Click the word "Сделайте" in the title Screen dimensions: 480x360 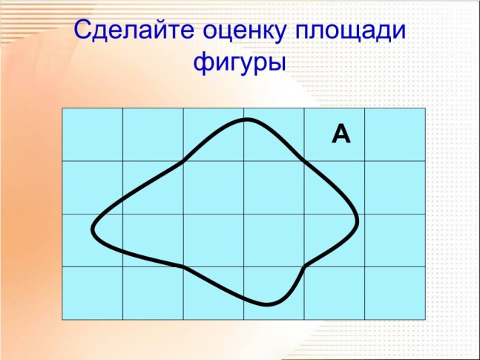click(134, 30)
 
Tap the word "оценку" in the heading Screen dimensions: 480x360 click(245, 32)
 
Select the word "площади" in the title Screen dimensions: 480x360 click(350, 32)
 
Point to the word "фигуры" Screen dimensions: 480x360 click(240, 63)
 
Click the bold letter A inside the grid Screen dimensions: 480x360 click(341, 134)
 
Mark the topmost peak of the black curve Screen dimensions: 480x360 click(247, 120)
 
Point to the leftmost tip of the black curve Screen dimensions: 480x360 click(92, 229)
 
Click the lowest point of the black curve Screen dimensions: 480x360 click(266, 305)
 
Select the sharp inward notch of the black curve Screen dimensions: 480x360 click(305, 266)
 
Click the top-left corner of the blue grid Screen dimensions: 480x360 click(62, 108)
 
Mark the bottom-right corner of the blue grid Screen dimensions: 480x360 click(425, 320)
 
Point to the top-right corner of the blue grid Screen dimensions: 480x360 click(425, 108)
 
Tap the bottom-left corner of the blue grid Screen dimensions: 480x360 click(62, 320)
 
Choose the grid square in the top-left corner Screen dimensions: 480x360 click(93, 134)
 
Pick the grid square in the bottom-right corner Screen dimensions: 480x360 click(395, 293)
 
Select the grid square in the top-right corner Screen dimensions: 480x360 click(395, 134)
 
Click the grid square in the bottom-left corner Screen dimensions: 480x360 click(93, 293)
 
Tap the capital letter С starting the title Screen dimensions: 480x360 click(83, 29)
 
